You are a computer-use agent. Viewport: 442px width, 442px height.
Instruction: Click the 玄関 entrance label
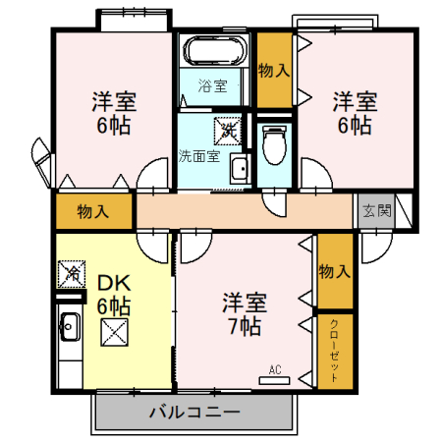coord(376,209)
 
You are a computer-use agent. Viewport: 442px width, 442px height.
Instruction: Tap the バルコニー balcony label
coord(193,411)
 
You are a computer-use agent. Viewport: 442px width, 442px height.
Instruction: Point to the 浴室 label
coord(212,86)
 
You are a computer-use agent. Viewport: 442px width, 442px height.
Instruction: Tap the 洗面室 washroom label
coord(199,155)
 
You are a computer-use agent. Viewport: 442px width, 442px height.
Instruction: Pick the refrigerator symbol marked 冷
coord(71,272)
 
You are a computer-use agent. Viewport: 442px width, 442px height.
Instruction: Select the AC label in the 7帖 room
coord(275,369)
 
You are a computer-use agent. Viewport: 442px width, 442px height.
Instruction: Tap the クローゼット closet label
coord(334,350)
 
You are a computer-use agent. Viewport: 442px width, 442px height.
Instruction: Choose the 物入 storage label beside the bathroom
coord(274,71)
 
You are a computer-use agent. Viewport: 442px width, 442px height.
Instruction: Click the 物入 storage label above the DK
coord(92,211)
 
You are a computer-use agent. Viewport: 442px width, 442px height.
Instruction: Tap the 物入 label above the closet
coord(334,271)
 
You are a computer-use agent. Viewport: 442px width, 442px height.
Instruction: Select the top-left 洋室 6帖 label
coord(114,113)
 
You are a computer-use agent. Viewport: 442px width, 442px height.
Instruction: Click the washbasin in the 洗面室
coord(239,169)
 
